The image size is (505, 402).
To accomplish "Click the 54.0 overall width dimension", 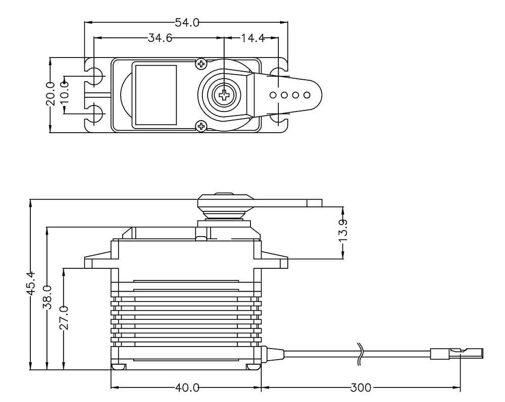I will click(x=187, y=23).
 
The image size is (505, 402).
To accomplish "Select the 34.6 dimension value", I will click(x=160, y=38).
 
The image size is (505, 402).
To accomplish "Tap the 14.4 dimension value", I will click(x=247, y=38).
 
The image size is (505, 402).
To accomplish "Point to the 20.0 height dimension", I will click(x=50, y=94).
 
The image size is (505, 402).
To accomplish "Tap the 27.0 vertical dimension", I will click(x=64, y=317).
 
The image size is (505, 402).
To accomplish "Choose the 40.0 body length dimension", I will click(x=187, y=388).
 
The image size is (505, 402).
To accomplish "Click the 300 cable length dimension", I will click(x=361, y=388).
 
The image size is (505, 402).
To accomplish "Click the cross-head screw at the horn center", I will click(x=223, y=94).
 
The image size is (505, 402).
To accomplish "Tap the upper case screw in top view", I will click(x=201, y=64).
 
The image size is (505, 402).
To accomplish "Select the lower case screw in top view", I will click(x=201, y=126).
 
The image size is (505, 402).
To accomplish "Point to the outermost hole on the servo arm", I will click(x=306, y=95).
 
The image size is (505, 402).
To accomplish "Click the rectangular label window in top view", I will click(x=155, y=94).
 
